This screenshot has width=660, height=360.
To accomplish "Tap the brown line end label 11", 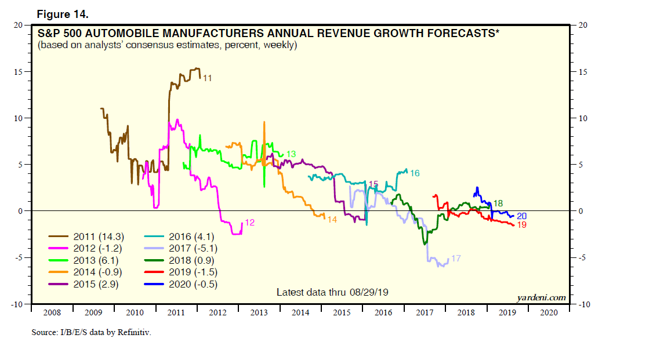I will click(x=207, y=78).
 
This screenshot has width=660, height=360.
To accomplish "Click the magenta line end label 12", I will click(x=250, y=222).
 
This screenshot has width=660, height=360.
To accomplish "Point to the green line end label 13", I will click(x=291, y=154).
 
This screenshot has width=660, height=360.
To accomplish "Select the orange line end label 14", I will click(x=332, y=220).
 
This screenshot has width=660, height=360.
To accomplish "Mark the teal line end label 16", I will click(x=415, y=173).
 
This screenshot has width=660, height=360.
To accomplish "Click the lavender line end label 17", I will click(x=456, y=259).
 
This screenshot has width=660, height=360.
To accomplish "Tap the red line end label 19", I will click(x=521, y=225).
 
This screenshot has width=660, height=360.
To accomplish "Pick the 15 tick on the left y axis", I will click(x=19, y=72).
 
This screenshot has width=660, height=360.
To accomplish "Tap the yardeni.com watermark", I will click(x=541, y=297).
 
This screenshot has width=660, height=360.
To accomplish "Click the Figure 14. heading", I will click(x=61, y=13).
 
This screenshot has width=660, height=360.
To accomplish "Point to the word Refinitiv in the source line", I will click(x=134, y=333).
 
